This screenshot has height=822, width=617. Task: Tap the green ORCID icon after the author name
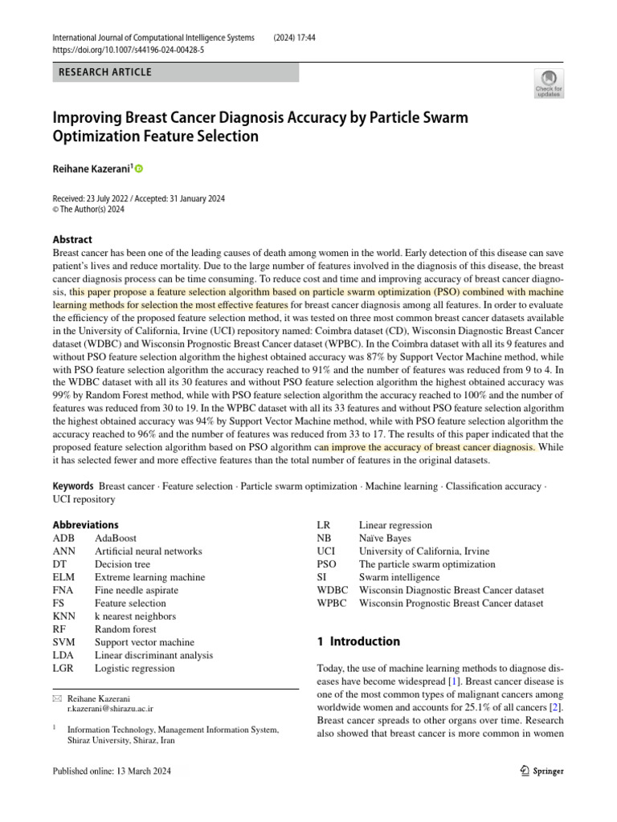[x=138, y=169]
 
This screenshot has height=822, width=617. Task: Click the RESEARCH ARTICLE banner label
[x=105, y=72]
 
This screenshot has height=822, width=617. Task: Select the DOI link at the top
[x=128, y=50]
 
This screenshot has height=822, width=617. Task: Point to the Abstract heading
[x=72, y=239]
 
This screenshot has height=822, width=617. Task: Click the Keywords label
[x=73, y=486]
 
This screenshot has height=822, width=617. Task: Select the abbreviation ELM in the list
[x=65, y=577]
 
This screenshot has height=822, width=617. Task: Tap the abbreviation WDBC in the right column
[x=332, y=590]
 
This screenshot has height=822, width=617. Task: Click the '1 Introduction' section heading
[x=354, y=641]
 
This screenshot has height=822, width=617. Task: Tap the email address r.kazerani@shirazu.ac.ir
[x=110, y=710]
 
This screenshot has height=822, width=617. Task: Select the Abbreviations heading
[x=86, y=525]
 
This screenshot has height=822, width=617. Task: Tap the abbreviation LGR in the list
[x=65, y=668]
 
